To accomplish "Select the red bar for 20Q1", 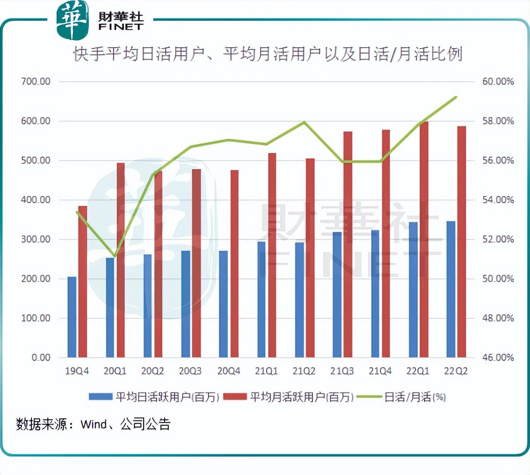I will (121, 260).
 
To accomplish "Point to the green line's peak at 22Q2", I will (456, 97).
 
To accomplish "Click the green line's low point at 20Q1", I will (114, 256).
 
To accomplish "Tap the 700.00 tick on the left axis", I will (36, 82).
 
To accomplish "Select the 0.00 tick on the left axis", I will (41, 357).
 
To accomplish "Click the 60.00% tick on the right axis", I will (498, 82).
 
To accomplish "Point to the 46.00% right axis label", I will (498, 357).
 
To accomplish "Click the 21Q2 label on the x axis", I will (304, 371).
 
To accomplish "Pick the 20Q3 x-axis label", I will (190, 371).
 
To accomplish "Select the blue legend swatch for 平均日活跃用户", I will (100, 397).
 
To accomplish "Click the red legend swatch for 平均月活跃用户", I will (235, 397).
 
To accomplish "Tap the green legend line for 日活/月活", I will (369, 397).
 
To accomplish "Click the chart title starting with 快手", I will (268, 54).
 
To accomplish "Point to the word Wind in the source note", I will (94, 424).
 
